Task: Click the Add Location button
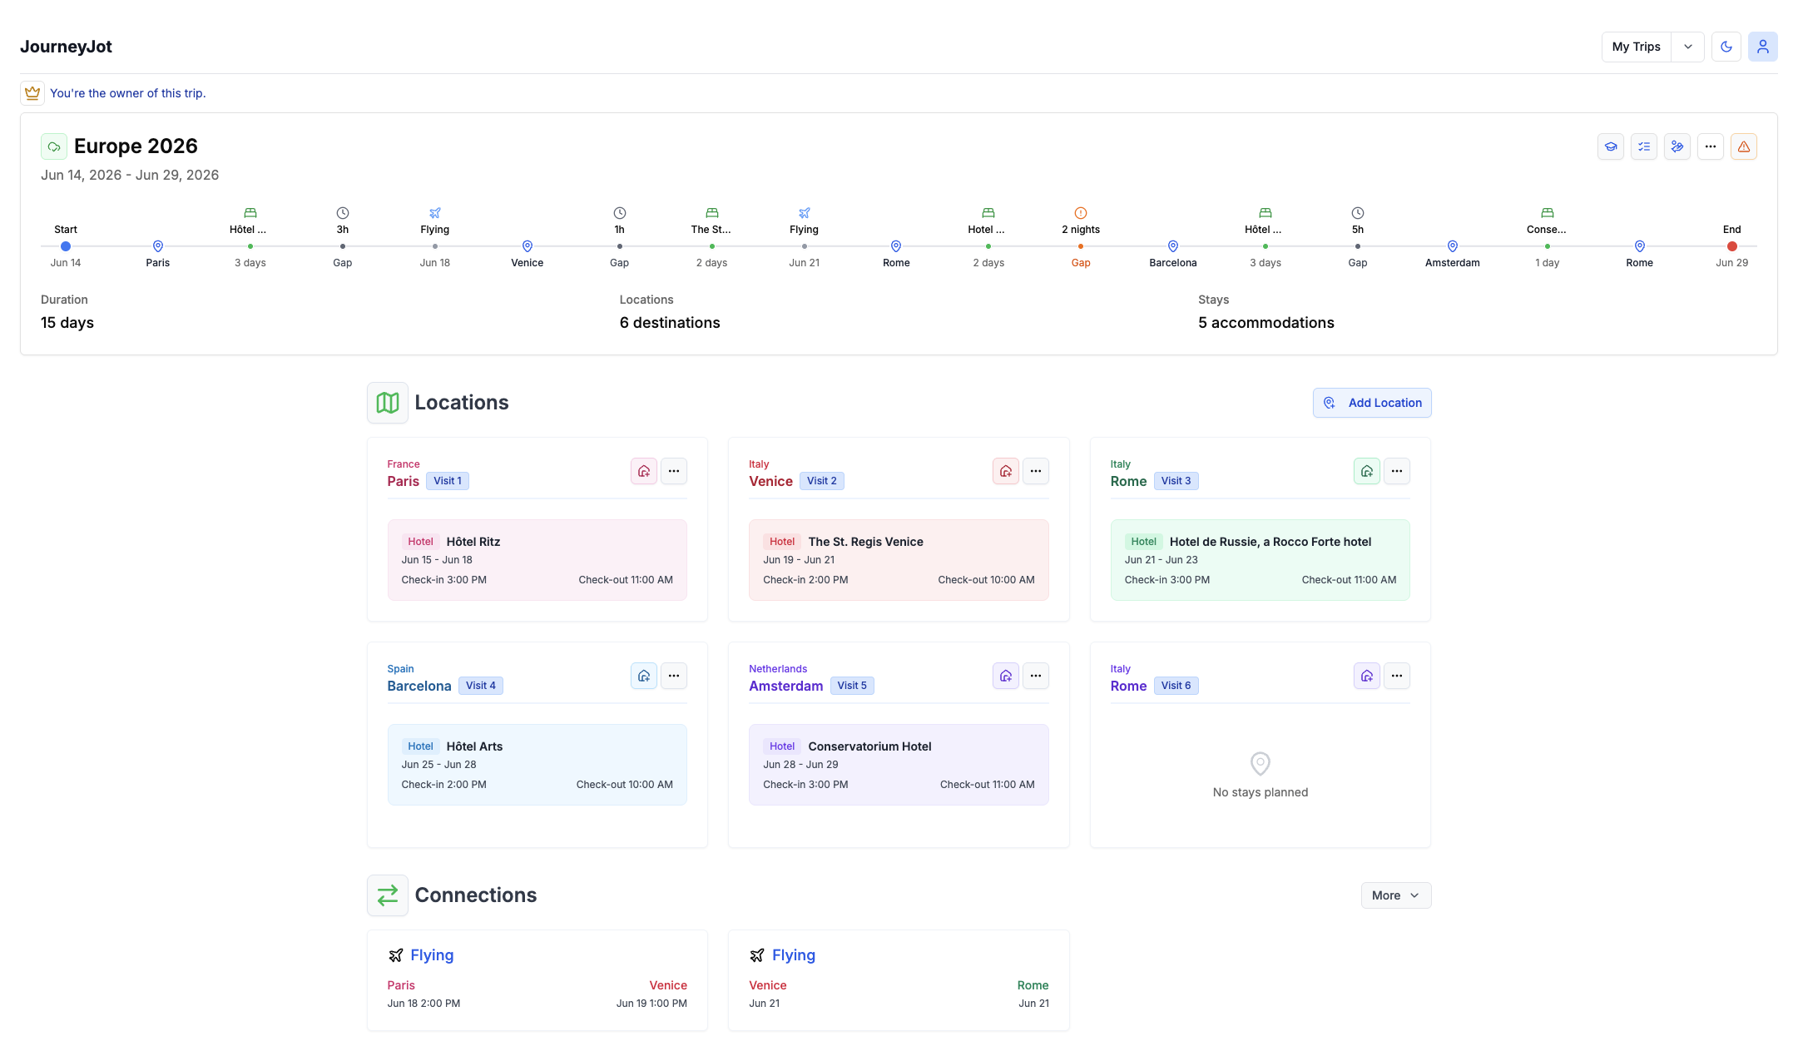click(x=1371, y=403)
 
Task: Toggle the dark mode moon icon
click(x=1726, y=47)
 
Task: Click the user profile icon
click(x=1762, y=47)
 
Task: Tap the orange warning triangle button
click(x=1743, y=146)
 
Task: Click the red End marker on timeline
click(x=1731, y=246)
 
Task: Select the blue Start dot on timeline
click(x=66, y=246)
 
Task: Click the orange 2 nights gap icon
click(x=1080, y=213)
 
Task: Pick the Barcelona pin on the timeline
click(x=1172, y=246)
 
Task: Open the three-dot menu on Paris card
click(x=673, y=471)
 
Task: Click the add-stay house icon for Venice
click(x=1005, y=471)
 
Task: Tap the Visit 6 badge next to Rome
click(x=1176, y=686)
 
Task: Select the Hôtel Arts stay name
click(x=474, y=746)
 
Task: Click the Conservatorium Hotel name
click(x=869, y=746)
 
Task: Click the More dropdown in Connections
click(x=1395, y=895)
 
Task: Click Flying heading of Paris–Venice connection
click(x=431, y=955)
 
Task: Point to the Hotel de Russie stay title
click(x=1270, y=542)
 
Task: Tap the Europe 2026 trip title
click(x=136, y=146)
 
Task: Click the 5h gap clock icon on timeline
click(x=1357, y=213)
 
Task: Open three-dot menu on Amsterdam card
click(x=1035, y=676)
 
